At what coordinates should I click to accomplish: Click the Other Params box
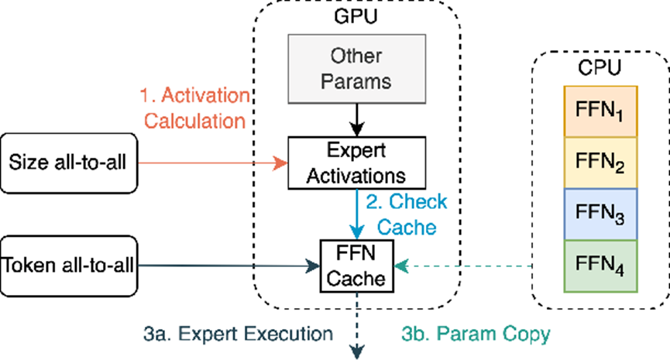[x=357, y=69]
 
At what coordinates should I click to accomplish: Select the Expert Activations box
[x=357, y=163]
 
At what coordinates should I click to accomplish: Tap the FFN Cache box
[x=357, y=266]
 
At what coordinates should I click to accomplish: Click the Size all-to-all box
[x=69, y=163]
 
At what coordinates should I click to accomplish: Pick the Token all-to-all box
[x=69, y=266]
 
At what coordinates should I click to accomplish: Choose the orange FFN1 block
[x=600, y=111]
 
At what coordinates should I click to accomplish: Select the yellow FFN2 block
[x=600, y=163]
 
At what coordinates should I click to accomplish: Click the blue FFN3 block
[x=600, y=214]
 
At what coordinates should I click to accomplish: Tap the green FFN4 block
[x=600, y=266]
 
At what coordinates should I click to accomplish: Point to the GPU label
[x=356, y=16]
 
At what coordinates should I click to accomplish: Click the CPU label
[x=599, y=67]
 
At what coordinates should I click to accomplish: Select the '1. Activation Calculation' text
[x=195, y=108]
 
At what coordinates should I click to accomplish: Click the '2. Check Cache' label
[x=407, y=214]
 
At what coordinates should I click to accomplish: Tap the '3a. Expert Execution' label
[x=238, y=334]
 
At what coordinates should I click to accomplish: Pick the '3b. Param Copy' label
[x=476, y=334]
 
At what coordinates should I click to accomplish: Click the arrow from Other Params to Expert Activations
[x=357, y=120]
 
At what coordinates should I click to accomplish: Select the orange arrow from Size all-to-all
[x=213, y=163]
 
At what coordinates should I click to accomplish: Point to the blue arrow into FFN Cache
[x=357, y=214]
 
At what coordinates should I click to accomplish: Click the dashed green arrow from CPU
[x=462, y=266]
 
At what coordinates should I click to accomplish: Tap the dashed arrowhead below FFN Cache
[x=357, y=351]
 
